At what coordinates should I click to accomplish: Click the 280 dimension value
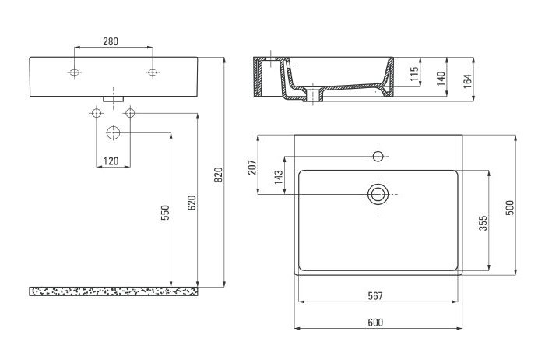(111, 42)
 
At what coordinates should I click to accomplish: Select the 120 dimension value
(112, 161)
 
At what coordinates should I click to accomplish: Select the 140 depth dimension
(441, 77)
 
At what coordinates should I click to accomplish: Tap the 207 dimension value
(251, 167)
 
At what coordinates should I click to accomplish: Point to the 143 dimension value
(279, 177)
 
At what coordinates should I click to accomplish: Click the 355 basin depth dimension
(483, 222)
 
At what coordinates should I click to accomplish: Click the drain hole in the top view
(378, 193)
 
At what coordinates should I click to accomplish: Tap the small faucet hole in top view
(378, 157)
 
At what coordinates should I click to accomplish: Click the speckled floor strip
(114, 291)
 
